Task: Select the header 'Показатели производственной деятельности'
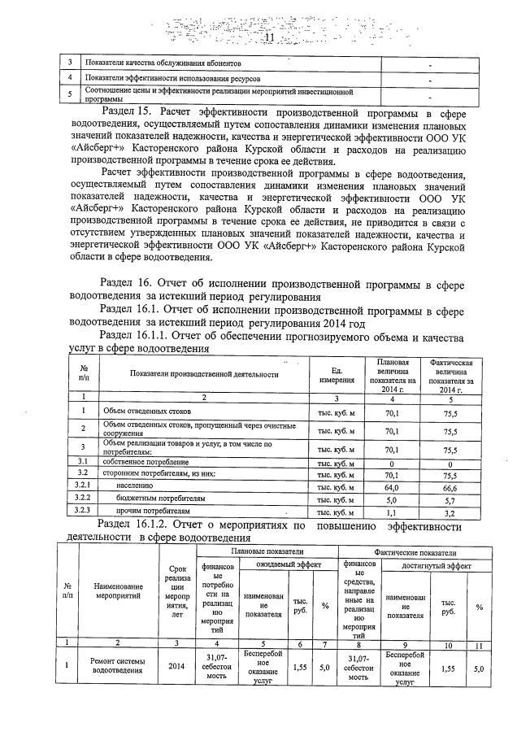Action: click(x=203, y=374)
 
